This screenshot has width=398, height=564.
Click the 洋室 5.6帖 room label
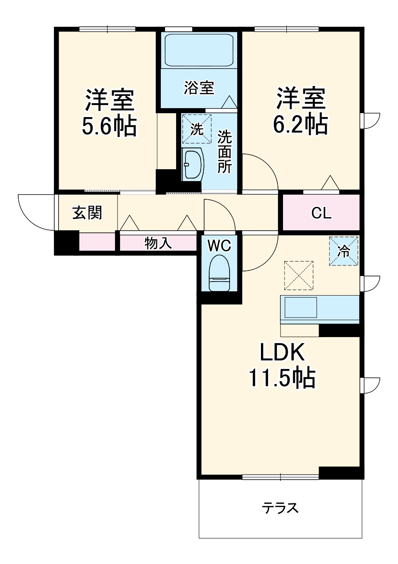[109, 112]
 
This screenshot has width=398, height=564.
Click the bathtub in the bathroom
[199, 49]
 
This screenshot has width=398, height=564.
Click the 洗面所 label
[225, 152]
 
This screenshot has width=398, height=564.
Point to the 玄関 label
[87, 212]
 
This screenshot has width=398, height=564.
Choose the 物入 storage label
[158, 243]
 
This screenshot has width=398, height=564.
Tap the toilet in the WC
[219, 273]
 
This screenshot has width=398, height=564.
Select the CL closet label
[321, 213]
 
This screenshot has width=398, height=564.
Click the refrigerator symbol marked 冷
[344, 251]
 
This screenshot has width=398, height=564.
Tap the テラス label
[280, 507]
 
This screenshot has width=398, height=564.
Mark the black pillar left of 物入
[67, 243]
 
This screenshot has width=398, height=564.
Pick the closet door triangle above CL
[330, 183]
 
